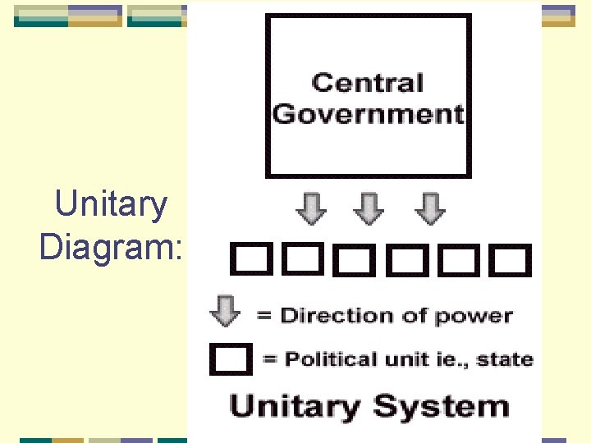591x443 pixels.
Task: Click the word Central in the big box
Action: click(x=368, y=83)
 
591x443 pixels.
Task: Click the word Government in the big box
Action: click(x=369, y=113)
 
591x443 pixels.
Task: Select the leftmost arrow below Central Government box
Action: click(x=310, y=209)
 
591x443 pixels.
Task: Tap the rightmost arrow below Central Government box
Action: click(x=429, y=209)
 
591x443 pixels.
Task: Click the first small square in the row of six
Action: click(x=248, y=260)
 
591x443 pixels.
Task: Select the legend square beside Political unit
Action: click(x=231, y=359)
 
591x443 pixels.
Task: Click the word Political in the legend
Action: click(x=317, y=359)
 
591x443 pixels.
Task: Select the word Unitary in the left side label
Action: click(x=110, y=204)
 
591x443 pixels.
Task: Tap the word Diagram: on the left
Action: click(x=112, y=246)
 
